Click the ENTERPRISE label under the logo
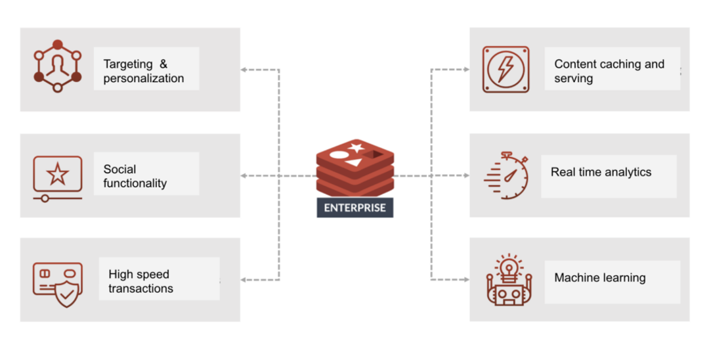tap(354, 208)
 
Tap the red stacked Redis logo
tap(354, 168)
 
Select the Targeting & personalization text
tap(144, 71)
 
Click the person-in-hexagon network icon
tap(57, 66)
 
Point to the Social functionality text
tap(135, 176)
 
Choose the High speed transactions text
tap(140, 281)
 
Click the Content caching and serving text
tap(609, 71)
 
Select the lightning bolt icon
tap(505, 69)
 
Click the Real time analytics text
tap(601, 172)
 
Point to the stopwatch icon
tap(507, 175)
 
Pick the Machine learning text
tap(599, 278)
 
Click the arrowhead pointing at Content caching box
tap(465, 70)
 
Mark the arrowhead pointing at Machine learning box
tap(465, 281)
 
